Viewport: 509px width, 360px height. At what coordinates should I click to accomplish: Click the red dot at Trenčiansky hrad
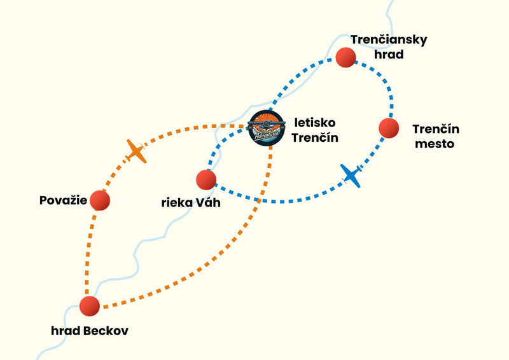[345, 57]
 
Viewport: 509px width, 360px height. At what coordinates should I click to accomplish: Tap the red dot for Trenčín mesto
[389, 128]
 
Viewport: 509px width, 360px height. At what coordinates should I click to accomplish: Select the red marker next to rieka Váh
[206, 180]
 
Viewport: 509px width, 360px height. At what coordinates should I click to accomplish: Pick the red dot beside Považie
[100, 200]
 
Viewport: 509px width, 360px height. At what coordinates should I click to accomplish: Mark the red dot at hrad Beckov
[90, 305]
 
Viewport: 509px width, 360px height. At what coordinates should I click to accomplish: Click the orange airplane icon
[136, 151]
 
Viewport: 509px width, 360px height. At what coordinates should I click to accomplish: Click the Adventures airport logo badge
[267, 128]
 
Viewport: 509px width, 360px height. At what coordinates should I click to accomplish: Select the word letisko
[314, 122]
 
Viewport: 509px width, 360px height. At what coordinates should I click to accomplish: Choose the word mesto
[435, 144]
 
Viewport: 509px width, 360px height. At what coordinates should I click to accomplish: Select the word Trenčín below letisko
[316, 137]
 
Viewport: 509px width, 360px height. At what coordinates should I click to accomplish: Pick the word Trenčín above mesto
[436, 129]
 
